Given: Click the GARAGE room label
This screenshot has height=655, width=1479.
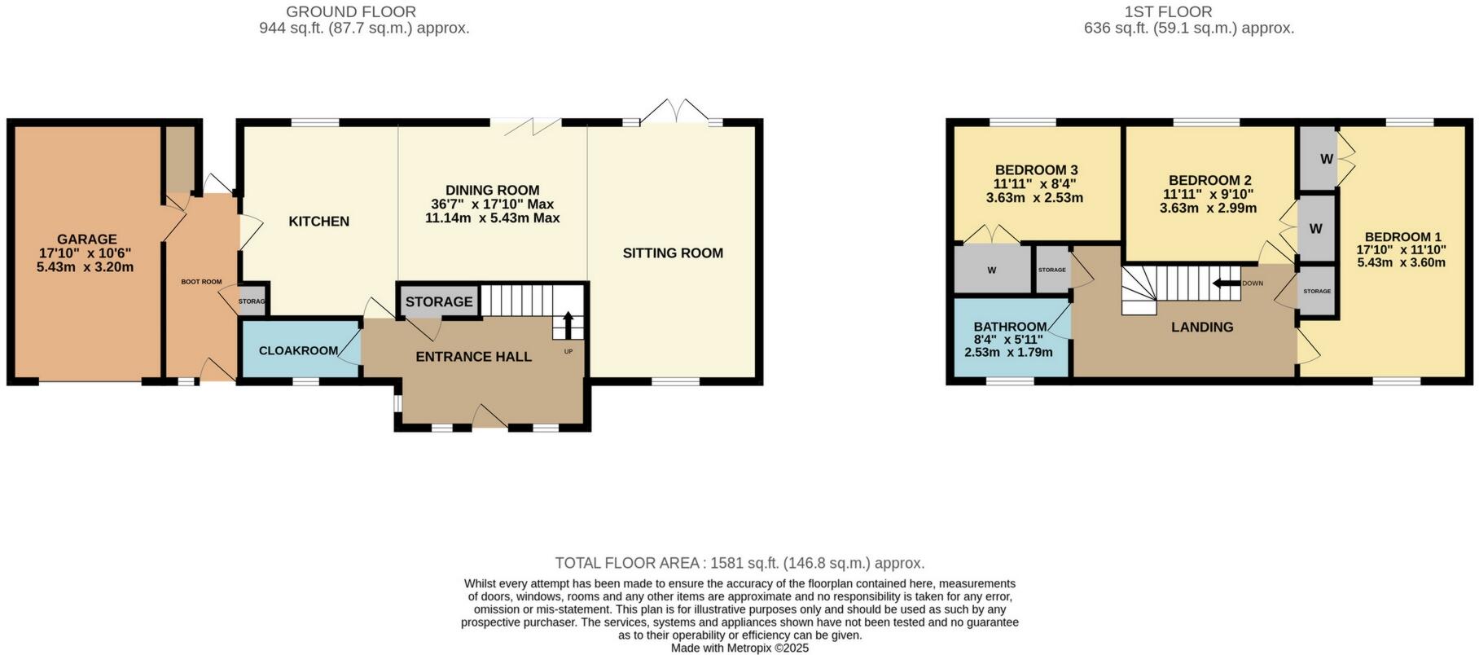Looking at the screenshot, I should click(86, 240).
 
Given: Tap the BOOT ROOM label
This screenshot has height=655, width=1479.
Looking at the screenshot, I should click(201, 282).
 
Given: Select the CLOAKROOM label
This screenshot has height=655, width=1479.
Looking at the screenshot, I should click(298, 351).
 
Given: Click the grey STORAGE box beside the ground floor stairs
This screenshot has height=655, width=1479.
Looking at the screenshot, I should click(438, 301).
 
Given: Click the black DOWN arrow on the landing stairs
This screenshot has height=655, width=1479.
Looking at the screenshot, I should click(1222, 284).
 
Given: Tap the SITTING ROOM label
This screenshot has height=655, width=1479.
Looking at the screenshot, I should click(673, 253).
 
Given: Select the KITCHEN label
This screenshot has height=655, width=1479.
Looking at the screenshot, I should click(319, 222).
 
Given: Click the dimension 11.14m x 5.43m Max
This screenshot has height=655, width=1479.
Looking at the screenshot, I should click(492, 218).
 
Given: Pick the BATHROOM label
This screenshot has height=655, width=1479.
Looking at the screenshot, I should click(1010, 327).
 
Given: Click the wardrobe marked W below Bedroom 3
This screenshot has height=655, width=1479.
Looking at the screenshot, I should click(992, 270).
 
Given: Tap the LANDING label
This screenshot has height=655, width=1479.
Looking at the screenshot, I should click(1202, 327).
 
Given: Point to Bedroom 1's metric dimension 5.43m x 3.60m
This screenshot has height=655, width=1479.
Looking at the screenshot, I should click(1401, 262).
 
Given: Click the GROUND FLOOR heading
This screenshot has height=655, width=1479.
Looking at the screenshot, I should click(350, 12).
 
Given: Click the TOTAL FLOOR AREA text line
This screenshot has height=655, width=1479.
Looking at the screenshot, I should click(739, 563).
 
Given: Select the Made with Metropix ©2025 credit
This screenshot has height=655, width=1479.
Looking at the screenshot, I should click(739, 648).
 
